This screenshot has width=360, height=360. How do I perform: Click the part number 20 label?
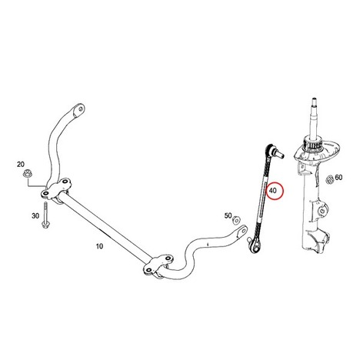pos(21,164)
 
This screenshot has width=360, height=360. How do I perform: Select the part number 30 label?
pos(35,216)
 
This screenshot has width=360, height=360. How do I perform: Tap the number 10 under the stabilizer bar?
pos(99,246)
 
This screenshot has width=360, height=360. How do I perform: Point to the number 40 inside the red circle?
pos(273,191)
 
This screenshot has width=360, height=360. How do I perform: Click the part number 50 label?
pos(228,216)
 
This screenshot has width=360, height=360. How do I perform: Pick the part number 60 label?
pos(338,177)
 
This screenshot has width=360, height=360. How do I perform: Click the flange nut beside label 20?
pos(26,174)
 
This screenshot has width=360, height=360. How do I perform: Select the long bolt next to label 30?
pos(45,215)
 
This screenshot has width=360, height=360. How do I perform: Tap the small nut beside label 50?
pos(236,220)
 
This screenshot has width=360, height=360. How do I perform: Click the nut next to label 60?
pos(329,180)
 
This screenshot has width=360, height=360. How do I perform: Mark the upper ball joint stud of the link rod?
pos(278,153)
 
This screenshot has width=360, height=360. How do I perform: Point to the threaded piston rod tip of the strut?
pos(313,101)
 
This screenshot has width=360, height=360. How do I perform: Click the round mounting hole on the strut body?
pos(321,211)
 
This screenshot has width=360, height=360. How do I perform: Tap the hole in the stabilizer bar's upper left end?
pos(80,108)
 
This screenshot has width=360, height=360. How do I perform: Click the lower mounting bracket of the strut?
pos(316,241)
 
